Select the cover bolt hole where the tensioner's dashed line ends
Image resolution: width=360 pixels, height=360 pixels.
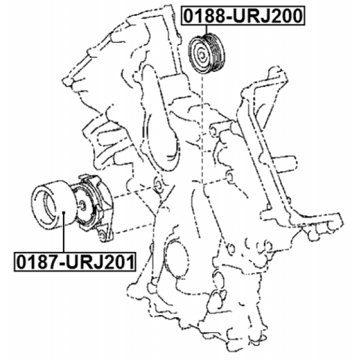click(x=157, y=185)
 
